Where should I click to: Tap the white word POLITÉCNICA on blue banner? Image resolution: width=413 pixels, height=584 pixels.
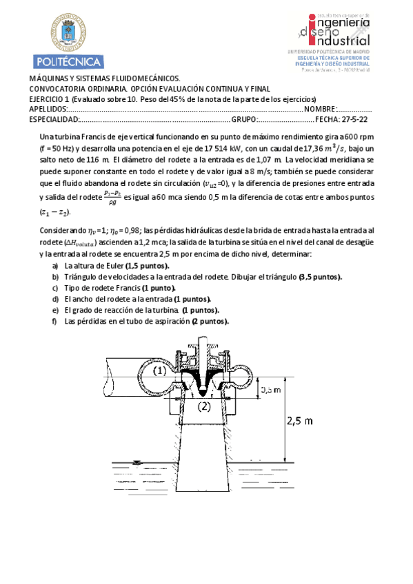(68, 60)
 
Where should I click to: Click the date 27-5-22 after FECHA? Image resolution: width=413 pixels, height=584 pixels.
(354, 119)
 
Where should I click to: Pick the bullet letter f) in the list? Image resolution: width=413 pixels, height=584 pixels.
(56, 321)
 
